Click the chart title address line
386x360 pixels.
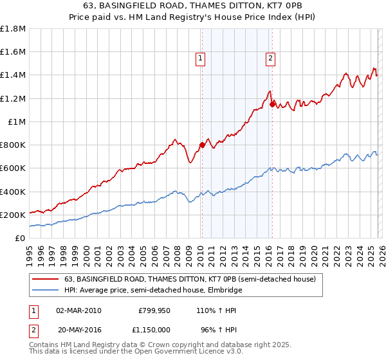(x=193, y=6)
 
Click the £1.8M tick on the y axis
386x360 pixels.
(x=13, y=29)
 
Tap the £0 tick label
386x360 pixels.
(x=21, y=238)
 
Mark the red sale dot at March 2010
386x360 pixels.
(x=202, y=145)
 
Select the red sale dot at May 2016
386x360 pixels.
(x=272, y=104)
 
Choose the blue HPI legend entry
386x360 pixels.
(x=153, y=290)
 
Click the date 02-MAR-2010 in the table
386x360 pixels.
(x=78, y=309)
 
